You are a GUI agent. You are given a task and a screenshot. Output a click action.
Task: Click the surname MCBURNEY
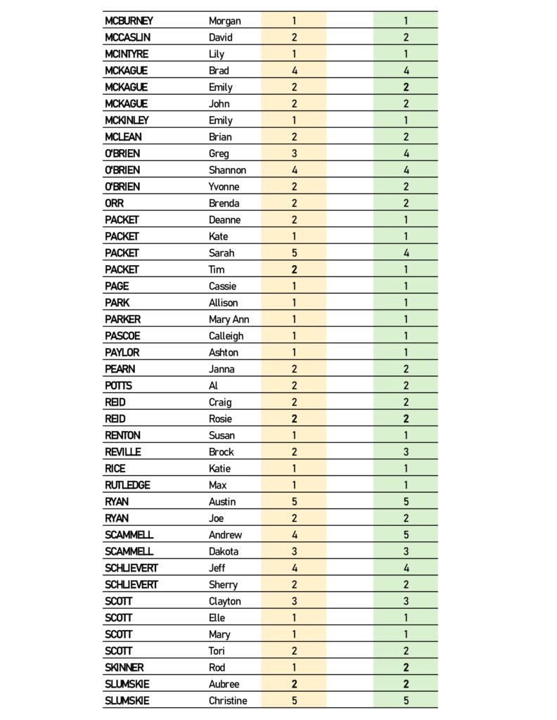129,21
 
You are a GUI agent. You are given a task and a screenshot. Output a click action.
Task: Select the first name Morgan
225,21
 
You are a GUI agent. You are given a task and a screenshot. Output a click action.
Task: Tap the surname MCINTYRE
127,54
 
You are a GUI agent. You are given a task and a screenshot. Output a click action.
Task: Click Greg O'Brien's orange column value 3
294,153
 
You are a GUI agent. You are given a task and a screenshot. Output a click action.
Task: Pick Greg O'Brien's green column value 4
406,153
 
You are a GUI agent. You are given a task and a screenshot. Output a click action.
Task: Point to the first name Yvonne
224,186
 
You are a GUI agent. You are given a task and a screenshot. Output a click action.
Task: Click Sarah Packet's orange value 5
294,253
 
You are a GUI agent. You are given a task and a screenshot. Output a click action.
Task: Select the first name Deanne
224,220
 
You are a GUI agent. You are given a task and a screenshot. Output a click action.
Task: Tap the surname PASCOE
122,336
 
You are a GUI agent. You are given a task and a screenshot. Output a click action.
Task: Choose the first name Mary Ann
229,319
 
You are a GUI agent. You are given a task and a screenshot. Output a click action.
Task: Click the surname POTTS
118,386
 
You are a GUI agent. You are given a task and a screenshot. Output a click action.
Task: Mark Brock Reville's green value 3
406,452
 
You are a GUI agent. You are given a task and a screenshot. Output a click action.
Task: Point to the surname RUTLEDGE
127,485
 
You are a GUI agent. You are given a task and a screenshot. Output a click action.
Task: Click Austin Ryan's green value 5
406,502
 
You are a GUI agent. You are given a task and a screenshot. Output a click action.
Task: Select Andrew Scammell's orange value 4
294,535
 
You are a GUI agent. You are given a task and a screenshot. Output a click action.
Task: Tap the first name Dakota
224,552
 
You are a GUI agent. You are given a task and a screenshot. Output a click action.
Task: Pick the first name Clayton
225,602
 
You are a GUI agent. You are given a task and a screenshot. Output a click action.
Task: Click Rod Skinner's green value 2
406,668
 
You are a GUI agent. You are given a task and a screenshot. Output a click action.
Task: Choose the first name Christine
228,701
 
